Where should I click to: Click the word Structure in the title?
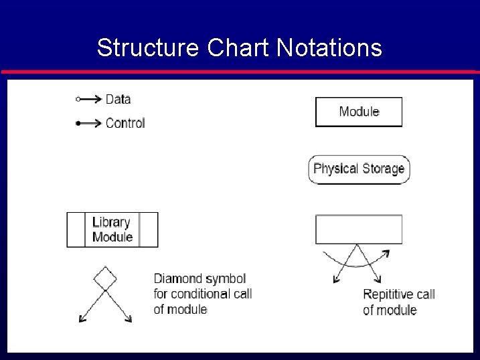pyautogui.click(x=148, y=48)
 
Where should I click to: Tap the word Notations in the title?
pyautogui.click(x=329, y=48)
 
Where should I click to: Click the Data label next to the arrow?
pyautogui.click(x=118, y=99)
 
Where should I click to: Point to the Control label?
pyautogui.click(x=125, y=123)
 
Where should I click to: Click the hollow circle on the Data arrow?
pyautogui.click(x=78, y=99)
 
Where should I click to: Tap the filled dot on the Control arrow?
pyautogui.click(x=78, y=123)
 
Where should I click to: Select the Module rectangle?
pyautogui.click(x=359, y=112)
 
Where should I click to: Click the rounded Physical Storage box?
pyautogui.click(x=359, y=169)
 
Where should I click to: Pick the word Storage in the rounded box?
pyautogui.click(x=384, y=169)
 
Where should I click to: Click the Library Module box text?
pyautogui.click(x=112, y=230)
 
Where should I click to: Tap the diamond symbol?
pyautogui.click(x=104, y=278)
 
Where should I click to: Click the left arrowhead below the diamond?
pyautogui.click(x=81, y=320)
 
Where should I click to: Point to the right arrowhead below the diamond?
pyautogui.click(x=129, y=320)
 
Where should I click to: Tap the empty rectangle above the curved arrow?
pyautogui.click(x=359, y=230)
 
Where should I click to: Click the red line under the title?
pyautogui.click(x=240, y=72)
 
